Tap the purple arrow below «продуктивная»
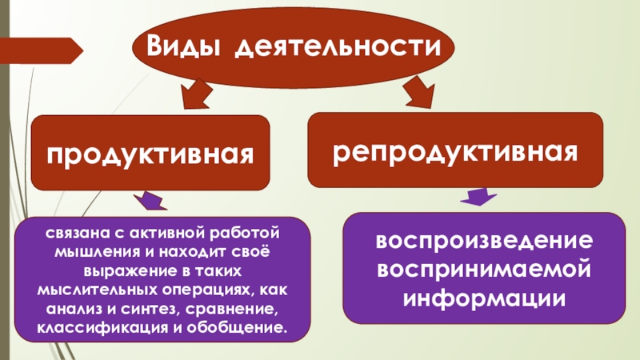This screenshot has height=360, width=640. (x=149, y=202)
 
